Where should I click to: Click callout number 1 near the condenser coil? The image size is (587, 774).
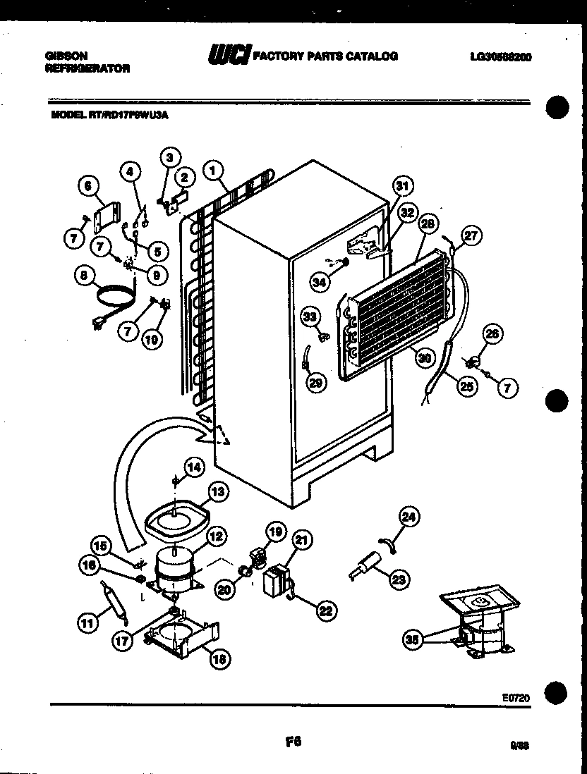tap(212, 169)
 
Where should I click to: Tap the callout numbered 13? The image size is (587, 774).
tap(219, 492)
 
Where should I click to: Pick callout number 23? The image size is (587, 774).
tap(399, 580)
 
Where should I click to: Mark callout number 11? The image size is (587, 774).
tap(87, 622)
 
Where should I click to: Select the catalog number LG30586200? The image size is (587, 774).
tap(500, 57)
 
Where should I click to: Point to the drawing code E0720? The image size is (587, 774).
tap(516, 697)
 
